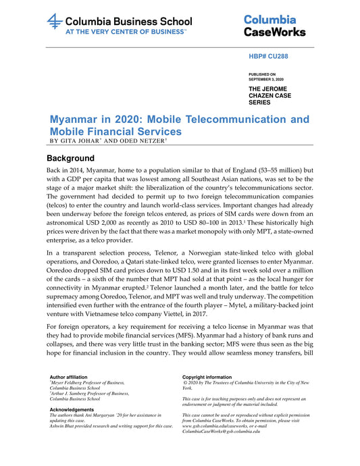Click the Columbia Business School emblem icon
point(55,22)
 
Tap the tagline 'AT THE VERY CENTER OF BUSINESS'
point(126,31)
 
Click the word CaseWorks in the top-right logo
point(274,32)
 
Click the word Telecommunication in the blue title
point(231,120)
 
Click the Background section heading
point(75,158)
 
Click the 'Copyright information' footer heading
point(207,376)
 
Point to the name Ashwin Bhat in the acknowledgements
point(66,426)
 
